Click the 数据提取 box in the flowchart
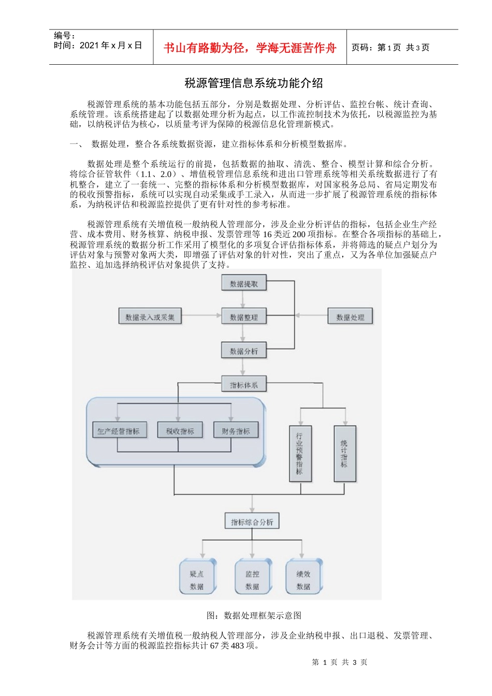tap(243, 283)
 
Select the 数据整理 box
tap(243, 317)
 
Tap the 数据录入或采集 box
tap(150, 317)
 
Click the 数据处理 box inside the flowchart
tap(350, 317)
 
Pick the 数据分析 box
tap(243, 351)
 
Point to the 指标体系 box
tap(243, 385)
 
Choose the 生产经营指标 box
tap(119, 431)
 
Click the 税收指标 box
tap(180, 431)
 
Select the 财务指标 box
tap(236, 431)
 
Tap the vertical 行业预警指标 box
tap(299, 454)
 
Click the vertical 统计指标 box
tap(344, 454)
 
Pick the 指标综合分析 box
tap(252, 521)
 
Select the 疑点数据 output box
tap(197, 579)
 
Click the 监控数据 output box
tap(252, 579)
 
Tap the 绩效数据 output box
tap(303, 579)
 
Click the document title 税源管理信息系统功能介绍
tap(254, 83)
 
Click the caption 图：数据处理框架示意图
tap(254, 615)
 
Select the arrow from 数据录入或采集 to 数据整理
tap(201, 315)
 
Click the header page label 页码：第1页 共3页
tap(390, 48)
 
